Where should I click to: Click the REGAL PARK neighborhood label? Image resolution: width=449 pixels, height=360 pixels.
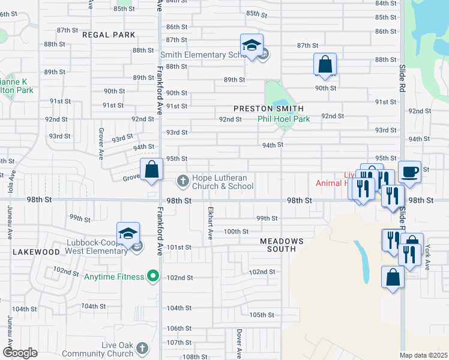(109, 35)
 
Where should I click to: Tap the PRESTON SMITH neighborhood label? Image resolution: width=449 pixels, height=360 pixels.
(270, 109)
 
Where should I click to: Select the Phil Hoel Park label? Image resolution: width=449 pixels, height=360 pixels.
(284, 119)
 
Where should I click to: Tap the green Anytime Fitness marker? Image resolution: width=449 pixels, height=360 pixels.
(153, 277)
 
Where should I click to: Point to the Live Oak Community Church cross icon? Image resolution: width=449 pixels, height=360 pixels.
(142, 348)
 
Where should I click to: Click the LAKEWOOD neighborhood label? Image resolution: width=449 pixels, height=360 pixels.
(36, 252)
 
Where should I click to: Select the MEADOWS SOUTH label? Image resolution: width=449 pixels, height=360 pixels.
(282, 245)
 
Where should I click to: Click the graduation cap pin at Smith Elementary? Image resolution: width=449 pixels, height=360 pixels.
(252, 45)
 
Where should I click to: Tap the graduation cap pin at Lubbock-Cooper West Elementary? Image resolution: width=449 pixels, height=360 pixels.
(128, 233)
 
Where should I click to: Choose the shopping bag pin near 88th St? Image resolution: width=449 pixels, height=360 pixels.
(325, 64)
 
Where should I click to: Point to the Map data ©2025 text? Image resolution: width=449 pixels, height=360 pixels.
(423, 355)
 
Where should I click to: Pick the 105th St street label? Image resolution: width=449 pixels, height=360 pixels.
(262, 314)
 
